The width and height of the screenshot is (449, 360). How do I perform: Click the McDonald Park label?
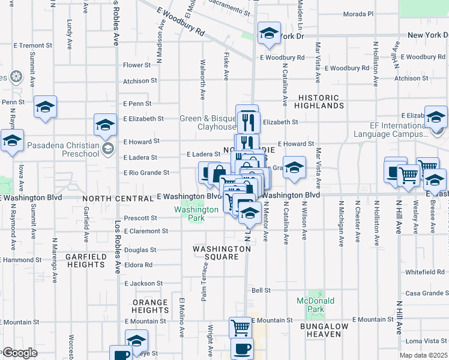[310, 305]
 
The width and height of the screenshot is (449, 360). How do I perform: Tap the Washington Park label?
[196, 214]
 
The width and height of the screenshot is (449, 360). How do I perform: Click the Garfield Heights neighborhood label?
[85, 260]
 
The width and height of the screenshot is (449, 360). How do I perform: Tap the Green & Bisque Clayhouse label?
[208, 123]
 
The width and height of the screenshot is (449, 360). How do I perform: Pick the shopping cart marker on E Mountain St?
[240, 328]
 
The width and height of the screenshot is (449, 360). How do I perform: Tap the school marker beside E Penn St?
[45, 107]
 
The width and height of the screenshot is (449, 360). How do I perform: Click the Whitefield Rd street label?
[424, 272]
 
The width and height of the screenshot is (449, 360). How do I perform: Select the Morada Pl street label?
[359, 13]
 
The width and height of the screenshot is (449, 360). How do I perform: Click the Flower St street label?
[137, 65]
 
